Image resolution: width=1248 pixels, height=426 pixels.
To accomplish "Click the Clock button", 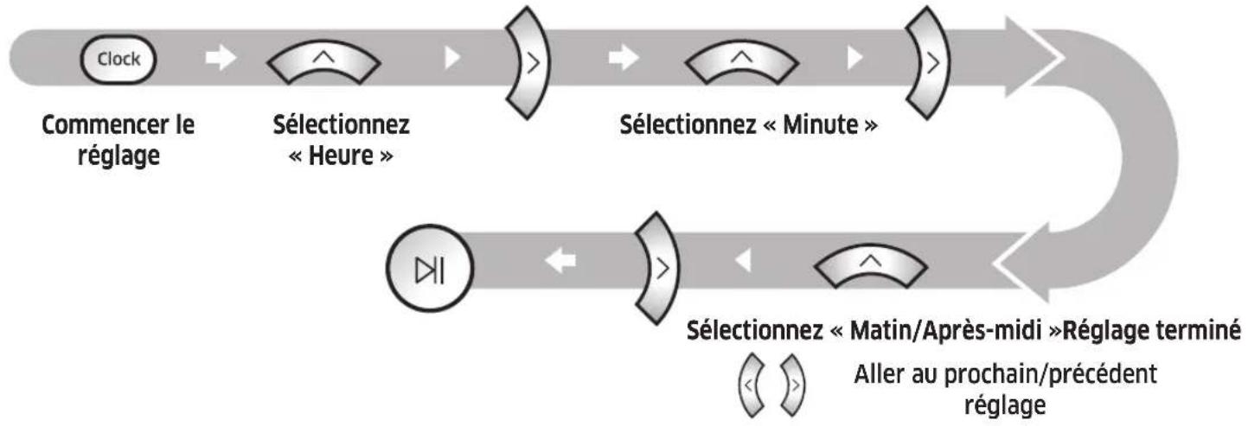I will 117,60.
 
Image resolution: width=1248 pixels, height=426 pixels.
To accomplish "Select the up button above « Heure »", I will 323,61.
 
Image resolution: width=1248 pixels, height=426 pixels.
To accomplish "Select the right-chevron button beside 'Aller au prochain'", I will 790,376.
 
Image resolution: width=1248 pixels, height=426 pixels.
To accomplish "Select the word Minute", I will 813,127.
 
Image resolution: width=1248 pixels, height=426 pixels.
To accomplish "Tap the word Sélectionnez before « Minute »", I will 682,127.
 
